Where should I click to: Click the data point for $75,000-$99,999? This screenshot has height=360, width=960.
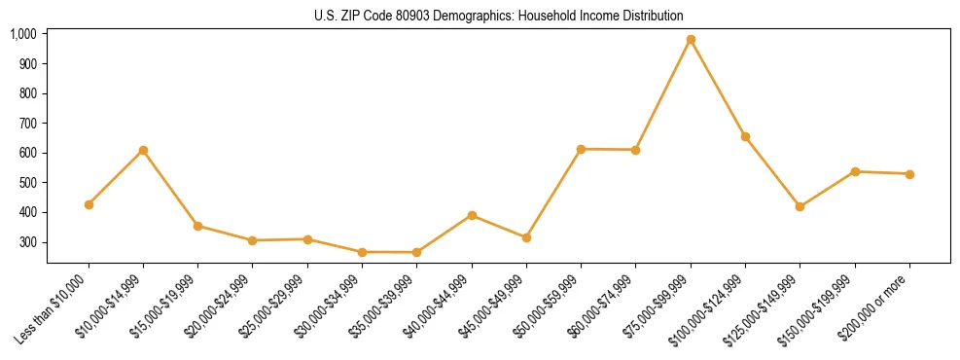coord(691,40)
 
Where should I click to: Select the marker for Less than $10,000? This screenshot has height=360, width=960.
coord(89,204)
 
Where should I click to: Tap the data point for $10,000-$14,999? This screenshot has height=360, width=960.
coord(143,150)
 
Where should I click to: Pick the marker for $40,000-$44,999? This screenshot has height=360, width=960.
coord(472,215)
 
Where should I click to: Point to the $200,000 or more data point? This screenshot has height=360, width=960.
coord(909,174)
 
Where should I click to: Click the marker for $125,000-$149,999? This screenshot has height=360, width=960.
coord(800,206)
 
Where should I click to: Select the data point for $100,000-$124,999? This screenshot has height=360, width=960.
coord(745,136)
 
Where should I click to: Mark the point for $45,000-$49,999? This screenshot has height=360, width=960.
coord(526,237)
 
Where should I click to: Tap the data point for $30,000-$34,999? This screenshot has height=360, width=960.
coord(362,252)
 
